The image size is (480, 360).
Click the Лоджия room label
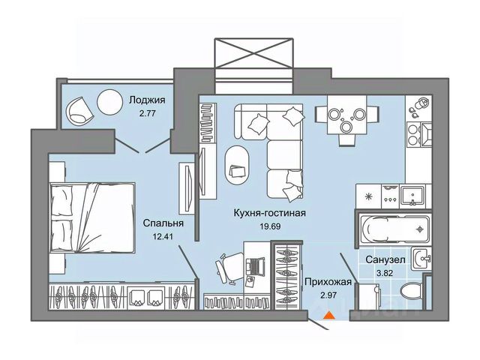(x=147, y=99)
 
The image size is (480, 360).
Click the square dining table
(x=344, y=115)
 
